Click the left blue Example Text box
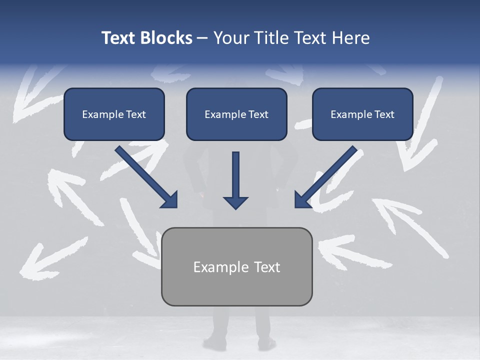(x=114, y=114)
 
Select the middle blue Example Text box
(x=236, y=114)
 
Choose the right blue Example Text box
(x=362, y=114)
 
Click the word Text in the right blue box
(x=384, y=114)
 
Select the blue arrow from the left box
(x=145, y=176)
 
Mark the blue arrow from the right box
(x=327, y=176)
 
